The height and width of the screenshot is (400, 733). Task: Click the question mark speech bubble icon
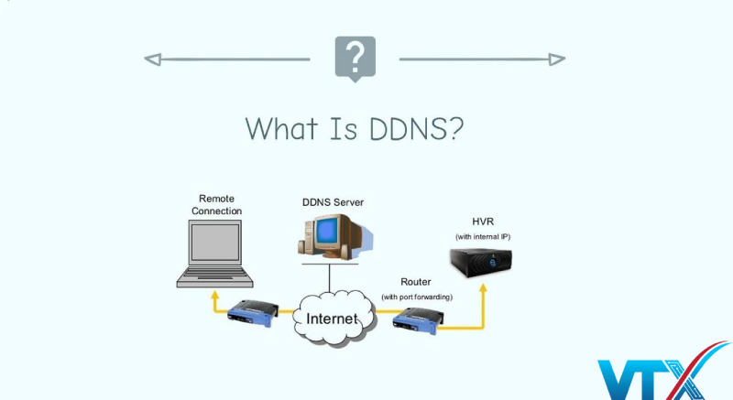[x=355, y=58]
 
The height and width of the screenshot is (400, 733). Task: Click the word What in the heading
[x=282, y=127]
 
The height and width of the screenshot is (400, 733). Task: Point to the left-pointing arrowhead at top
[x=152, y=59]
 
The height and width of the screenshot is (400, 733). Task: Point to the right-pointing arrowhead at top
[x=557, y=59]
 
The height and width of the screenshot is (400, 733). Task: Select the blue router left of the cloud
[x=250, y=313]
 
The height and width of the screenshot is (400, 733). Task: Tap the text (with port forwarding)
[x=417, y=297]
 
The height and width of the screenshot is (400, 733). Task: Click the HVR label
[x=483, y=222]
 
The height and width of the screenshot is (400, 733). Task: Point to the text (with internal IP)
[x=483, y=237]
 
